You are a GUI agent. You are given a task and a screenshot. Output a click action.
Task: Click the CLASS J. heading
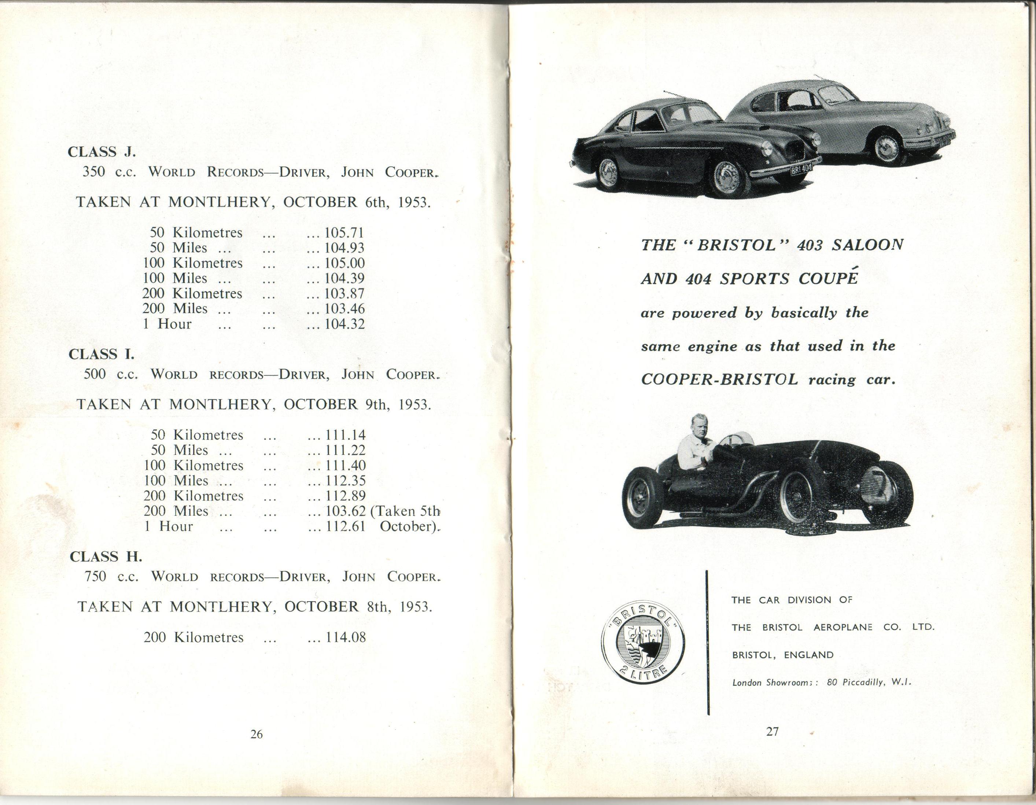[102, 152]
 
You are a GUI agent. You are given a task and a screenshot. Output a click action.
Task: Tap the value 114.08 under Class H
[346, 637]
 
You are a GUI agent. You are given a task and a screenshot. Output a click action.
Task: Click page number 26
[256, 734]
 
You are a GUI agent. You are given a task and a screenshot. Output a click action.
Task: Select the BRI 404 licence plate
[801, 168]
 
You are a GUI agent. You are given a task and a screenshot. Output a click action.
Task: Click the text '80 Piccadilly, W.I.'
[869, 682]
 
